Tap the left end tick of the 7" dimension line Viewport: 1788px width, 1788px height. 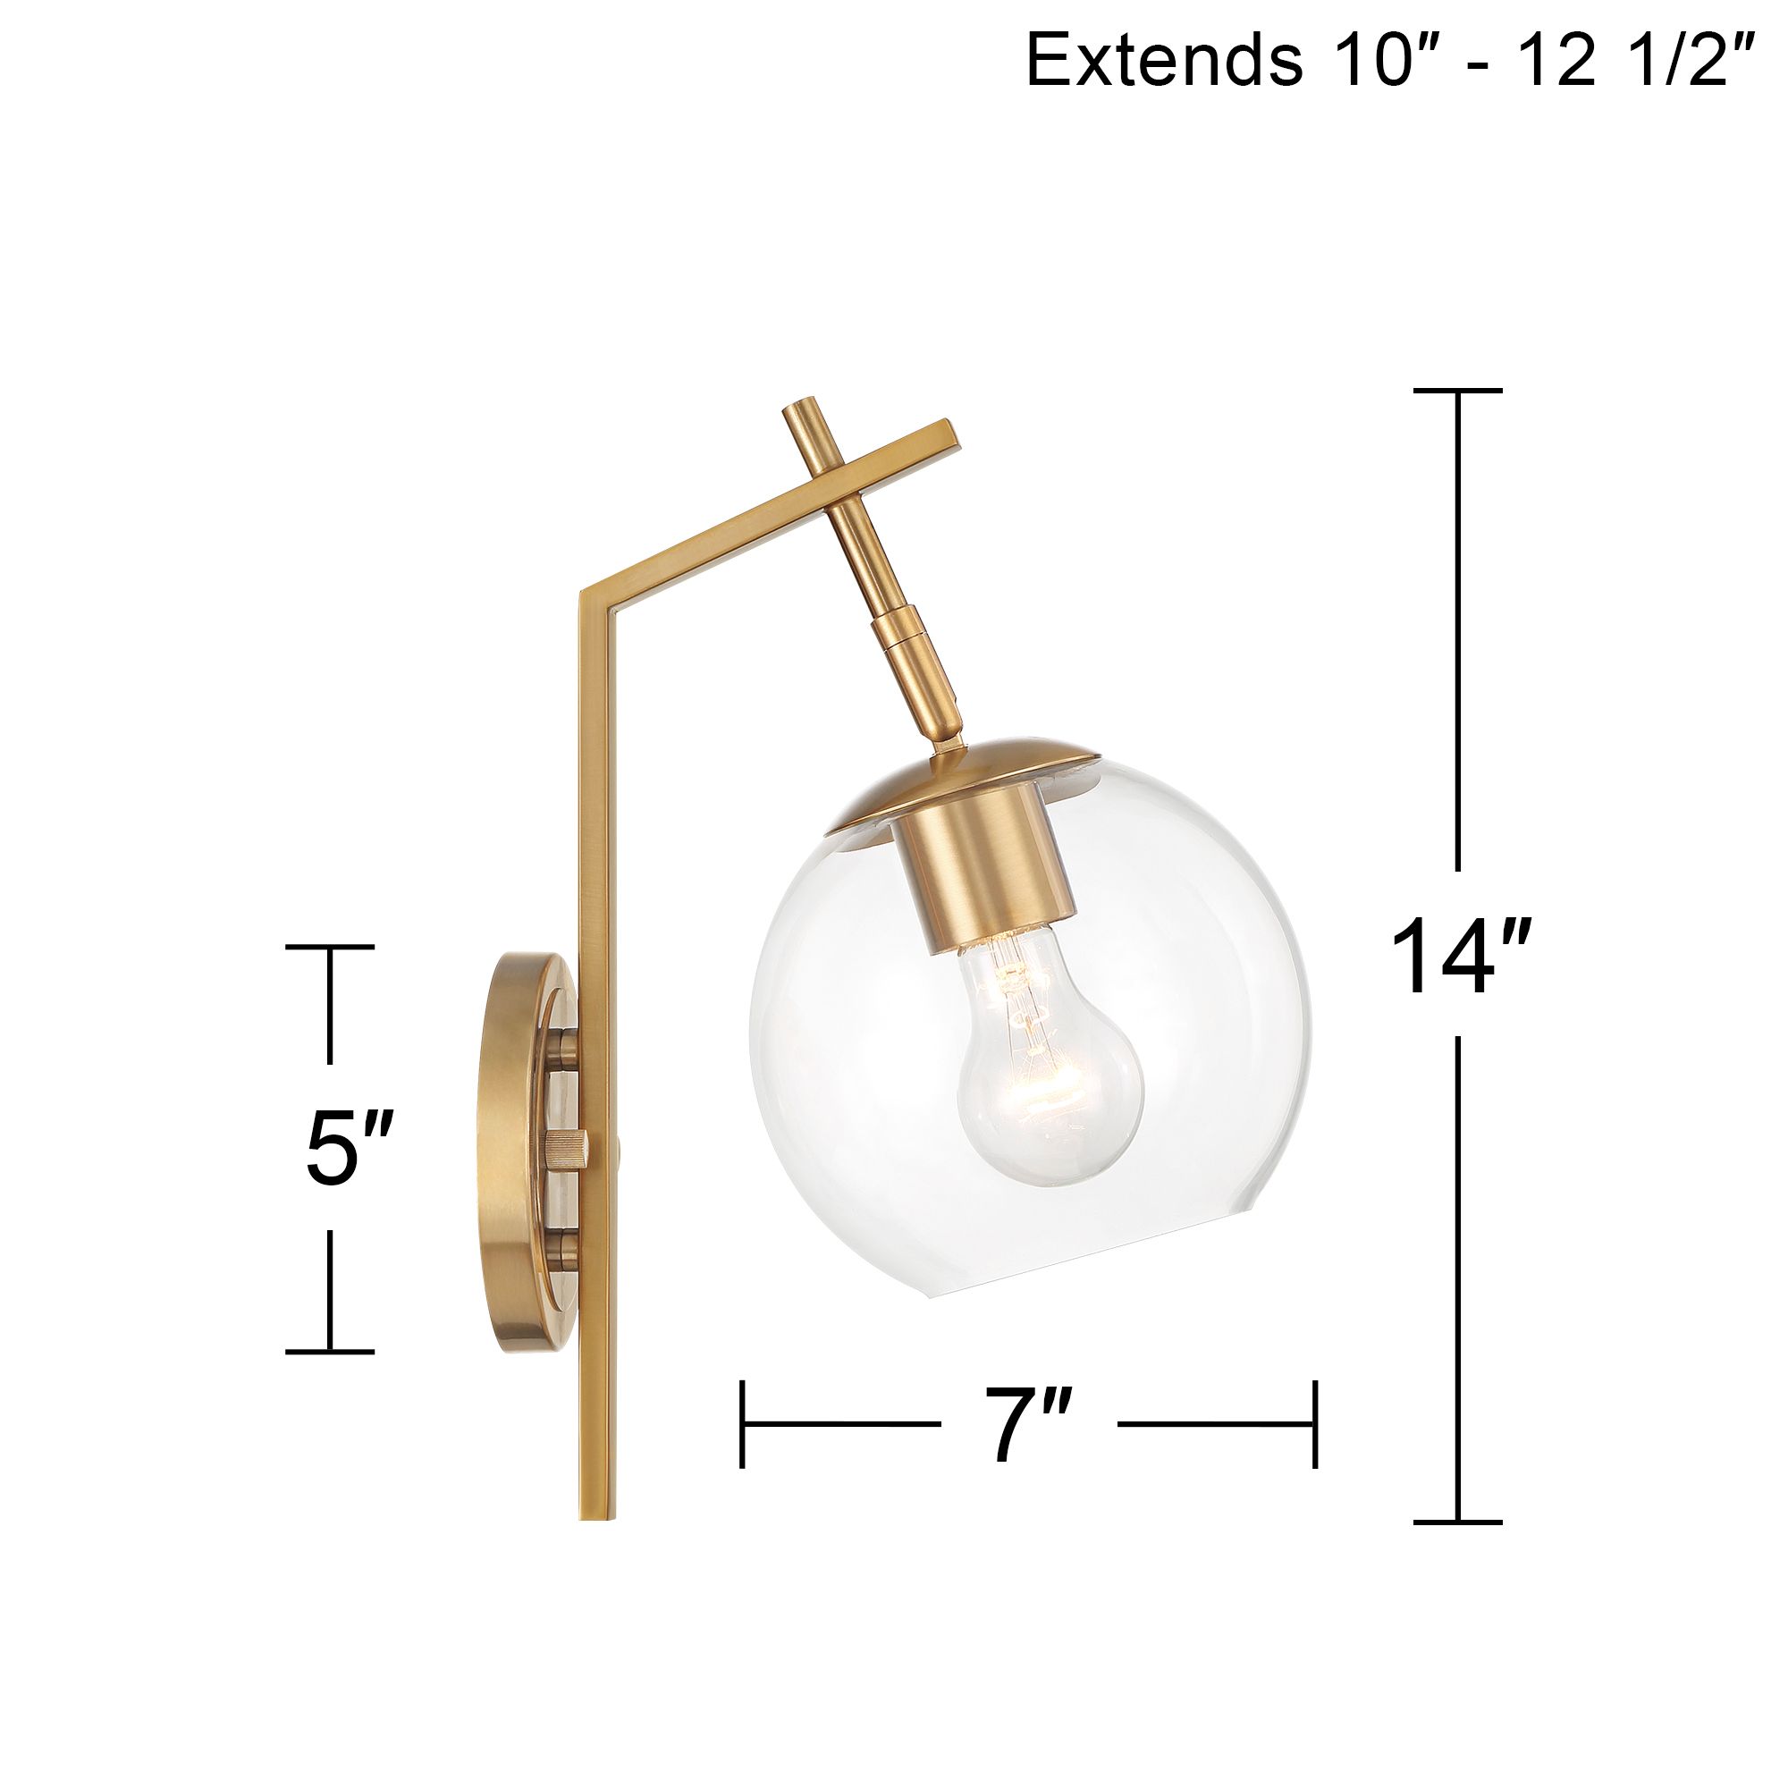(743, 1424)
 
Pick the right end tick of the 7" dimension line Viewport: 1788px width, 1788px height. (1314, 1424)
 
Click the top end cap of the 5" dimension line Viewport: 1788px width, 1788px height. (330, 947)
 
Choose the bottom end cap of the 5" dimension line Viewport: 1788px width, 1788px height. (330, 1352)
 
